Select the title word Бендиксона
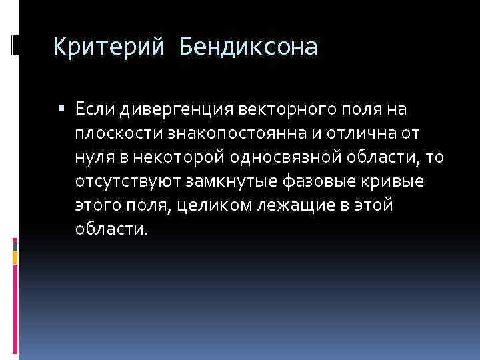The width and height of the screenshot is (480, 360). (248, 47)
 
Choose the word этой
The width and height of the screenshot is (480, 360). (374, 205)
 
